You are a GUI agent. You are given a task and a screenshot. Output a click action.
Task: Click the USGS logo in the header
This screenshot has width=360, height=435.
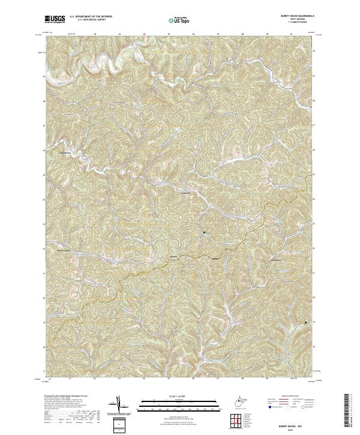click(x=55, y=19)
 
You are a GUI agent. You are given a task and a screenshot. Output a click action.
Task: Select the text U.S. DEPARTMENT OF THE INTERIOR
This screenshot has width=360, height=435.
click(x=91, y=17)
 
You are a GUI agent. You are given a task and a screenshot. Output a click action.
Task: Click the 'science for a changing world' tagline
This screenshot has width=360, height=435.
click(x=55, y=22)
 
